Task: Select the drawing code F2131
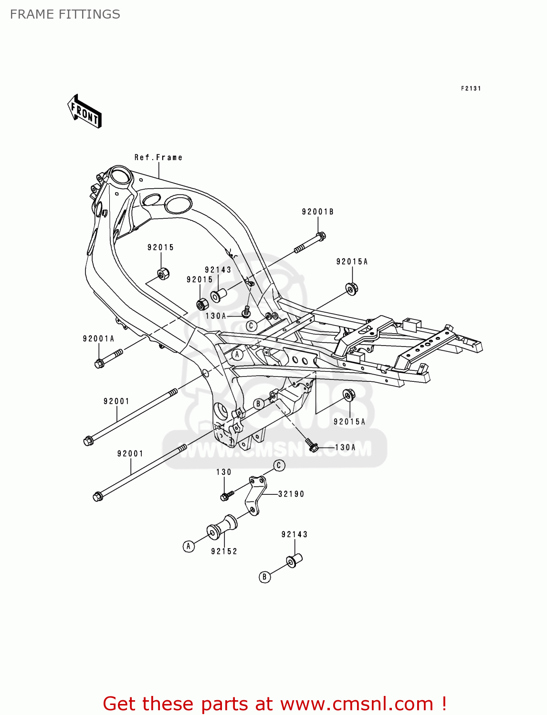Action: coord(471,89)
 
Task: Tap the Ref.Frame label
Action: coord(158,157)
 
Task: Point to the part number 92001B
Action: coord(317,212)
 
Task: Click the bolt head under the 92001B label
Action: coord(321,236)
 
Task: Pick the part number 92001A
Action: coord(98,339)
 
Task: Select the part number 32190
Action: coord(291,494)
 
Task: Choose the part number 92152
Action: coord(224,552)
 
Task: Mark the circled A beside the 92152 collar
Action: coord(189,546)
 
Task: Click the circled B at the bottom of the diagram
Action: coord(264,577)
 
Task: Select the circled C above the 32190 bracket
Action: coord(279,465)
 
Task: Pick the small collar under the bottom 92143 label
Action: coord(295,560)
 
